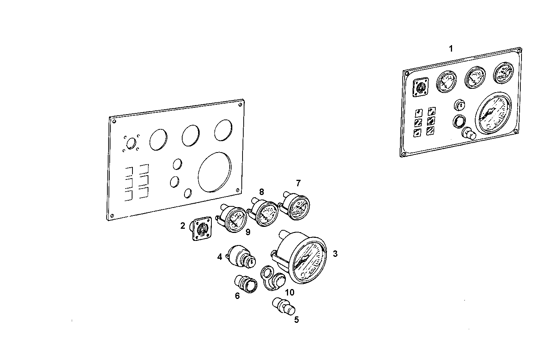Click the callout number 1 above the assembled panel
[x=451, y=49]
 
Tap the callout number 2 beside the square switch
[x=183, y=226]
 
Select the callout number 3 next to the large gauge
[x=335, y=254]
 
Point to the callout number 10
[x=290, y=292]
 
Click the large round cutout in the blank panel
[x=214, y=172]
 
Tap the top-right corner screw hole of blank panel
[x=241, y=102]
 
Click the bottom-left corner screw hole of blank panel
[x=111, y=216]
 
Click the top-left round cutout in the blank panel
[x=158, y=139]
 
